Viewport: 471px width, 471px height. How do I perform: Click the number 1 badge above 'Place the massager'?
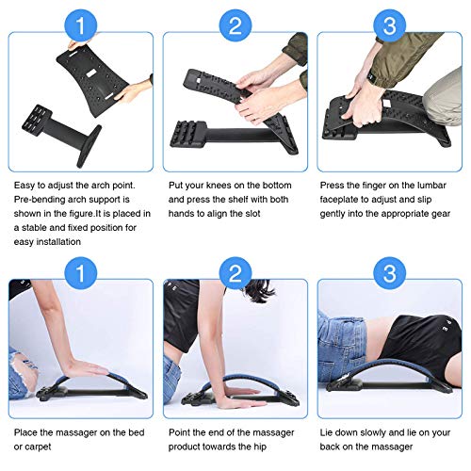80,273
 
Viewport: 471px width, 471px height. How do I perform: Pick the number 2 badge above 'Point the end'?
235,273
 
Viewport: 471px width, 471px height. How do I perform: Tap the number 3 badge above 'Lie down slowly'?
389,273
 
